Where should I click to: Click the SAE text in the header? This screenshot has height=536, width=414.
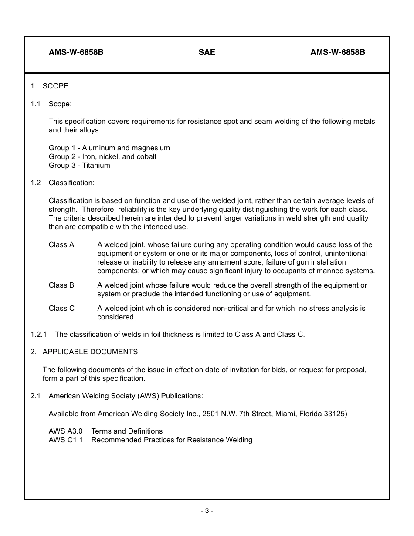(x=207, y=52)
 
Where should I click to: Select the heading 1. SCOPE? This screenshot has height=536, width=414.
(x=50, y=86)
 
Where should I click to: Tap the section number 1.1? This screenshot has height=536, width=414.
(x=35, y=104)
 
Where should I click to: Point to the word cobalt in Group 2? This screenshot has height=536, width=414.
(x=146, y=156)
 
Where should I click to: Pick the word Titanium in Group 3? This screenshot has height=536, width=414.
(x=96, y=165)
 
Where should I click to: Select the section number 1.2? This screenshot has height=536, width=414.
(x=35, y=183)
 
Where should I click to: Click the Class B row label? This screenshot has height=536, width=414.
(x=61, y=285)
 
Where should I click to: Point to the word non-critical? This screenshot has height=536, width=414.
(x=233, y=308)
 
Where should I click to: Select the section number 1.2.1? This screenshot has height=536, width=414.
(x=38, y=334)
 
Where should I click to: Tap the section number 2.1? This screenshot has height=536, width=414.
(x=35, y=396)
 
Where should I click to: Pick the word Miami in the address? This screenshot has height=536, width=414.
(x=285, y=414)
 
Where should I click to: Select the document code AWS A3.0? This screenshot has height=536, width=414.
(x=65, y=431)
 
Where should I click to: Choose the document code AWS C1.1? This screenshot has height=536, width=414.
(x=65, y=440)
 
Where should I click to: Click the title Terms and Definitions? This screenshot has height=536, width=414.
(x=127, y=431)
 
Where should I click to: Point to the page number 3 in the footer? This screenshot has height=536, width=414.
(x=207, y=511)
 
